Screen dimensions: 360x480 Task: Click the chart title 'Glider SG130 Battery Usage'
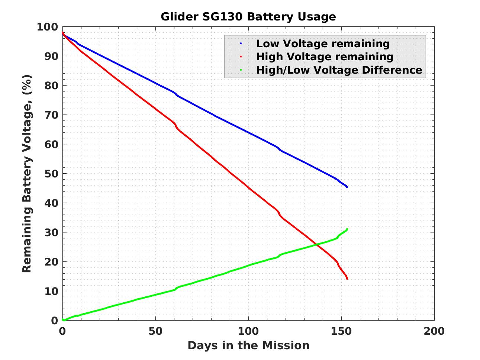tap(248, 17)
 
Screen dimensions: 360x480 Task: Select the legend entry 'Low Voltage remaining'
tap(323, 44)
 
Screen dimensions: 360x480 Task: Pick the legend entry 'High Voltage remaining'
tap(325, 57)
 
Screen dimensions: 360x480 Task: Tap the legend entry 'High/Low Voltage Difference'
tap(339, 70)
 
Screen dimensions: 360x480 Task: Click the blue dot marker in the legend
tap(241, 44)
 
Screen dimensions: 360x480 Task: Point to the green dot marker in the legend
tap(241, 70)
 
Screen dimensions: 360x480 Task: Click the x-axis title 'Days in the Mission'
tap(248, 345)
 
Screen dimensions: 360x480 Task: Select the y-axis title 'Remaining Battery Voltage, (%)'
tap(27, 173)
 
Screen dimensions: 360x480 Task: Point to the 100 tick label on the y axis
tap(47, 27)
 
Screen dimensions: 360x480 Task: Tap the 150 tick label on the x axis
tap(341, 331)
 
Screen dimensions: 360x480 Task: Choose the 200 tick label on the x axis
tap(434, 331)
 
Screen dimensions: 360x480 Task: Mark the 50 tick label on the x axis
tap(155, 331)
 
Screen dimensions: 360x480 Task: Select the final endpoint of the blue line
tap(347, 187)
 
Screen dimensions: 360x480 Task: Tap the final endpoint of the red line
tap(347, 279)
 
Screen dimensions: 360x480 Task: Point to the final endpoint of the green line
tap(347, 229)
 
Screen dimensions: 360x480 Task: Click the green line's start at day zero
tap(63, 320)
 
